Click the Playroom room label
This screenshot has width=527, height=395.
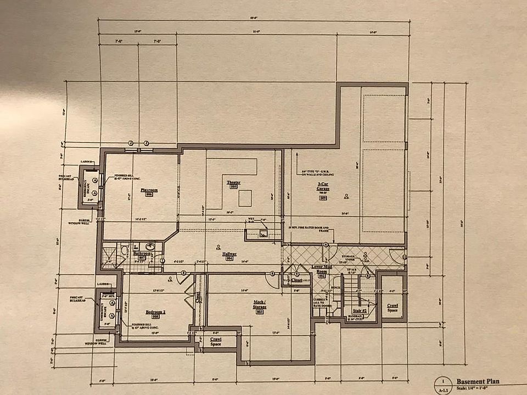149,190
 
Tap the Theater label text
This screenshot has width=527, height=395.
233,182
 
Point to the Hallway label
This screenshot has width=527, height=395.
229,253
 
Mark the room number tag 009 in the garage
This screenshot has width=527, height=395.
323,197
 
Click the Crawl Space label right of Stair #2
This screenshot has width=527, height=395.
392,308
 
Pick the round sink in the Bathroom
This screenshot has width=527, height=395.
149,246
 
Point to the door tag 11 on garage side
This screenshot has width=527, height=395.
405,256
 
